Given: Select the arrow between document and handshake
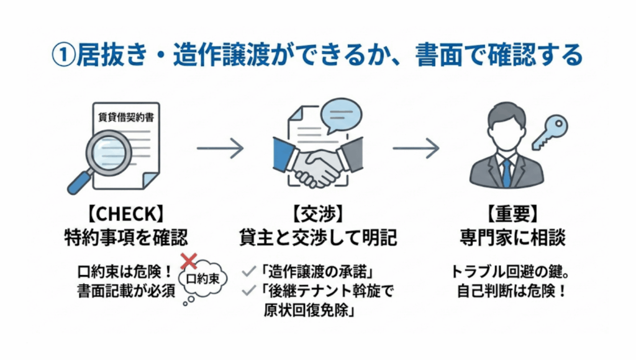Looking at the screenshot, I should [x=220, y=148].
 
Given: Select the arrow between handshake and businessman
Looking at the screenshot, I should [x=416, y=148].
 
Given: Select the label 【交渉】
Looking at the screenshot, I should [x=317, y=215].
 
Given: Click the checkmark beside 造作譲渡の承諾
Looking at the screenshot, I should [x=250, y=272].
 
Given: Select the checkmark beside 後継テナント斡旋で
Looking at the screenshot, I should [x=250, y=290].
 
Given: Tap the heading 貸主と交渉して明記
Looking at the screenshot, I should [x=317, y=236].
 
